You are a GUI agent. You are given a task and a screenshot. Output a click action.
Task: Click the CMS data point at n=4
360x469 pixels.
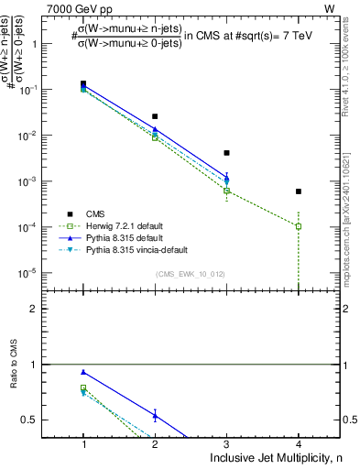click(299, 191)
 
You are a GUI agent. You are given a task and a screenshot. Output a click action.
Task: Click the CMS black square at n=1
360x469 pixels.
click(83, 84)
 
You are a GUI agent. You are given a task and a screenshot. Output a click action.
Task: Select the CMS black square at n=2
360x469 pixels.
click(155, 116)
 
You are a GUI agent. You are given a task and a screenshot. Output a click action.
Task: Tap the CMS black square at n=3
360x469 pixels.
click(227, 153)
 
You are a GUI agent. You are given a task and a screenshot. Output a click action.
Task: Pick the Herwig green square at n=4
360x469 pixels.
click(299, 226)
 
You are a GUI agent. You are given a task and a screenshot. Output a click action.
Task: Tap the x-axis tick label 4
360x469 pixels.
click(299, 442)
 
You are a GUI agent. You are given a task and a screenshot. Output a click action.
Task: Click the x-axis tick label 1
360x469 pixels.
click(83, 442)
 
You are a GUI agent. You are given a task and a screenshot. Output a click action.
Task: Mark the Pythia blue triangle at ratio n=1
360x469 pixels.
click(83, 372)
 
